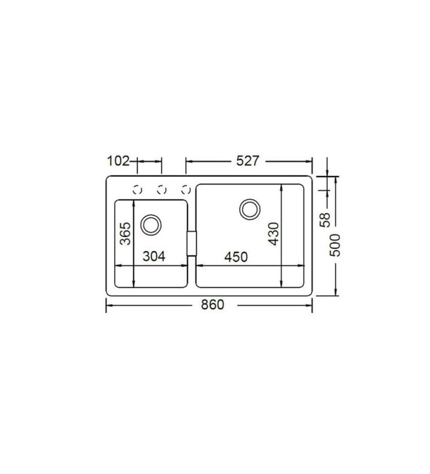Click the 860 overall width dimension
[x=213, y=305]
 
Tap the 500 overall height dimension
[x=334, y=245]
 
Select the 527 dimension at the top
[x=247, y=161]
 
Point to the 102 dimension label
[x=118, y=161]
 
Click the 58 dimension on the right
[x=325, y=220]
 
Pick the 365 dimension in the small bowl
[x=125, y=234]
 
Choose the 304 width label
[x=154, y=256]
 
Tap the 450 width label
[x=236, y=257]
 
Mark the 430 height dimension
[x=274, y=234]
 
